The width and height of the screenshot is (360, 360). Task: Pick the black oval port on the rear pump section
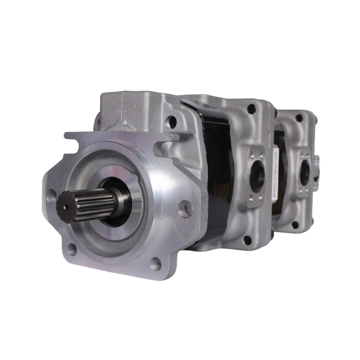(305, 171)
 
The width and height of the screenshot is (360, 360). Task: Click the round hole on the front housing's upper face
(171, 120)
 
